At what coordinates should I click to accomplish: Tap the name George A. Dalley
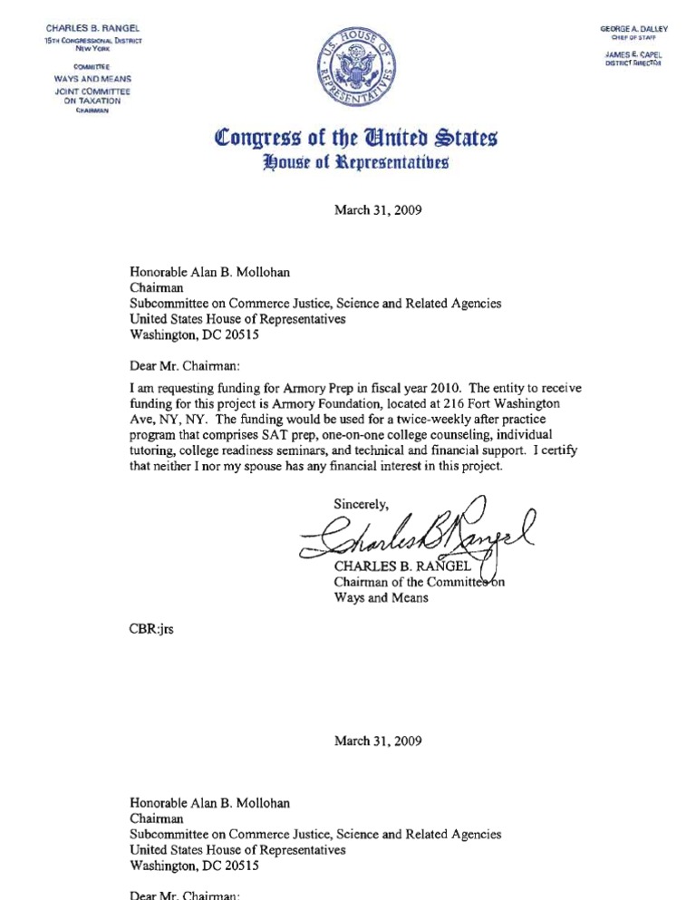633,29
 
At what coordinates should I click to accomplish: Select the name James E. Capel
635,55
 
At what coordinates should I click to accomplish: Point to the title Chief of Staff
634,38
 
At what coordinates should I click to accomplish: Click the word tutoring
157,451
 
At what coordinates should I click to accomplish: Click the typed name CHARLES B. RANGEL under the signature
400,568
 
